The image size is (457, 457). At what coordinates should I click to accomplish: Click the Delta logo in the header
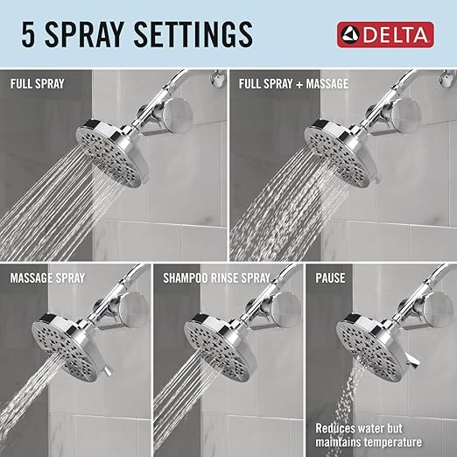(x=385, y=35)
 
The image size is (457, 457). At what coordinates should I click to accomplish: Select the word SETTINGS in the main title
(x=198, y=34)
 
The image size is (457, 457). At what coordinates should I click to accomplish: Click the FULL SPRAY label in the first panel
(x=39, y=86)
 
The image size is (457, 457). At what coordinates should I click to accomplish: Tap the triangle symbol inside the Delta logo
(x=352, y=35)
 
